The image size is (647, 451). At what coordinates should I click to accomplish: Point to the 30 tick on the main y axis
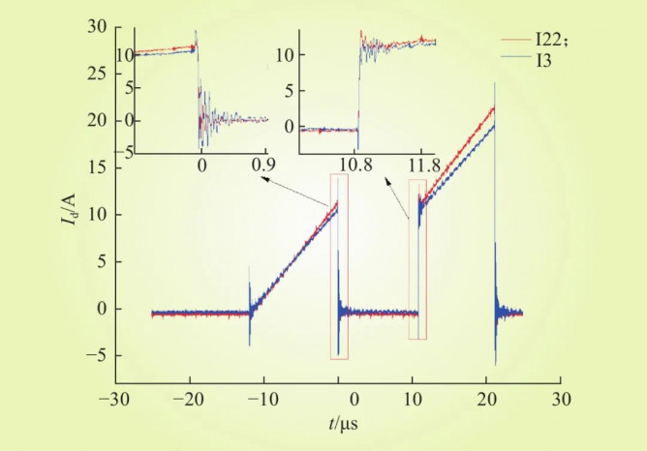tap(95, 27)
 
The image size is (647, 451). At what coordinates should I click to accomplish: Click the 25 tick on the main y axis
tap(95, 75)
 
